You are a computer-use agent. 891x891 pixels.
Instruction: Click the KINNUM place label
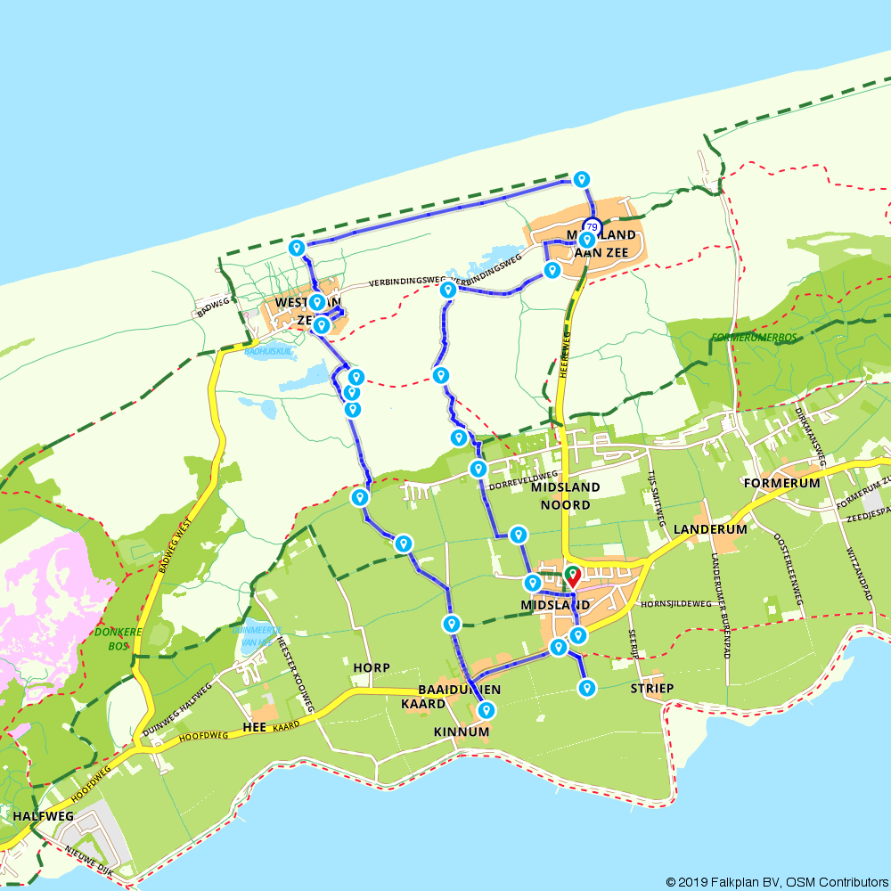tap(462, 732)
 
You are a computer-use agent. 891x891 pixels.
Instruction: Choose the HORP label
tap(372, 667)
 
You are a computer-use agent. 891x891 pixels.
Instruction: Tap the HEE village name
tap(255, 729)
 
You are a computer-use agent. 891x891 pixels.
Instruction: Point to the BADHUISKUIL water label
tap(268, 352)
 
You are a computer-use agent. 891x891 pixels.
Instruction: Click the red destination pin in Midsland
tap(571, 576)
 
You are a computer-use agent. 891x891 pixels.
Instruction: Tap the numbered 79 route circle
tap(592, 226)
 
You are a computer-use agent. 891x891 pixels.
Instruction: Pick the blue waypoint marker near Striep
tap(587, 687)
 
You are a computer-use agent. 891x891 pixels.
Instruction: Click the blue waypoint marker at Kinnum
tap(486, 710)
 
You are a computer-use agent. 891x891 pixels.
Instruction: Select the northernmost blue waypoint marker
tap(582, 178)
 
